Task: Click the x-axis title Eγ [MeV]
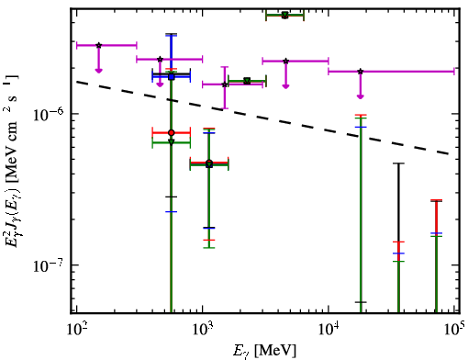tap(264, 351)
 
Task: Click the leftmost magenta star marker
tap(98, 45)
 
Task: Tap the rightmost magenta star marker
tap(361, 72)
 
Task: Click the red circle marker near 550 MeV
tap(172, 132)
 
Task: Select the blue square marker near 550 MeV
tap(172, 77)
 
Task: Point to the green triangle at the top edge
tap(285, 15)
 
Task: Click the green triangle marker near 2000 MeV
tap(247, 81)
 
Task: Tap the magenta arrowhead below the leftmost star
tap(98, 71)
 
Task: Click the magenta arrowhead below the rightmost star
tap(361, 96)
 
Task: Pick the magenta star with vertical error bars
tap(225, 84)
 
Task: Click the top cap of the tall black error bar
tap(398, 163)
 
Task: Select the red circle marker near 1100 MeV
tap(209, 163)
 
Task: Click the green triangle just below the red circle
tap(172, 141)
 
